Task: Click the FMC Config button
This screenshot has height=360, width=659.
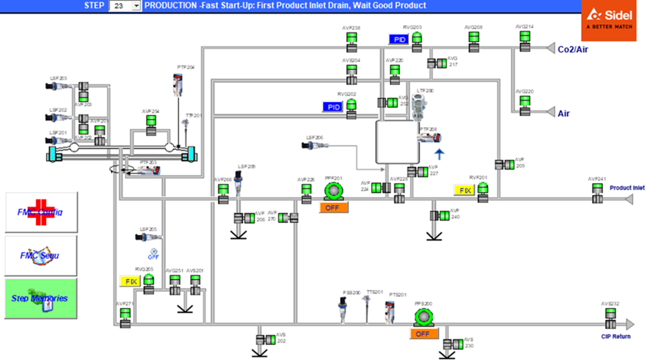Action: [41, 212]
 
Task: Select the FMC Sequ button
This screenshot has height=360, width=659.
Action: [41, 256]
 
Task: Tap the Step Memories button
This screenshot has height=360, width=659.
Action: [41, 298]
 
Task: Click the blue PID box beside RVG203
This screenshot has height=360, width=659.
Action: [399, 40]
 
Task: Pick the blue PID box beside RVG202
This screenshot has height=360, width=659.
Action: [333, 107]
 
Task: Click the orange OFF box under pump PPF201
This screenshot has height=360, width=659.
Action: [333, 208]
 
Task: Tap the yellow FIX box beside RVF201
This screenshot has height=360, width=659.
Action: [464, 190]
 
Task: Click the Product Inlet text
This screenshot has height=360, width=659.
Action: [627, 188]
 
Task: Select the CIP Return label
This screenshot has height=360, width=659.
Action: [616, 336]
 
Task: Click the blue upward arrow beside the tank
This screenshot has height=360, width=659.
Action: [439, 154]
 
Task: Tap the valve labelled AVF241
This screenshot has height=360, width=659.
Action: [597, 192]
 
